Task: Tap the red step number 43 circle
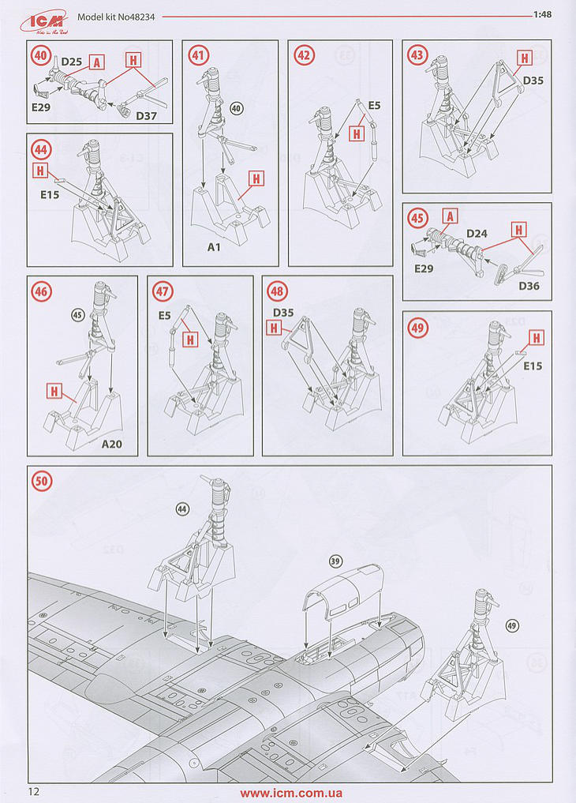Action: [417, 55]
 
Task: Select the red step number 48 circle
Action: [277, 291]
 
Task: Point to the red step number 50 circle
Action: [42, 482]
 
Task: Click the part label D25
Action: [72, 62]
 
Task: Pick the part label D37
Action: [146, 116]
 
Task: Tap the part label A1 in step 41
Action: [214, 247]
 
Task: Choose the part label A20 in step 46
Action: [111, 444]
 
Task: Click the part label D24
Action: [477, 234]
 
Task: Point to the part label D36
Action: [529, 286]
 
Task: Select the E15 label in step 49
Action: [533, 366]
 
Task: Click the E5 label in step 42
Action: [375, 106]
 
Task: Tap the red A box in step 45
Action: [451, 216]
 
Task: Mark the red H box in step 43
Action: [524, 58]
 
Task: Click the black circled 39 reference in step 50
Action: [335, 561]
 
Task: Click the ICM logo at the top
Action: [45, 21]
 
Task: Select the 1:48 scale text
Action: [542, 14]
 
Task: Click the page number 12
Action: [34, 792]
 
